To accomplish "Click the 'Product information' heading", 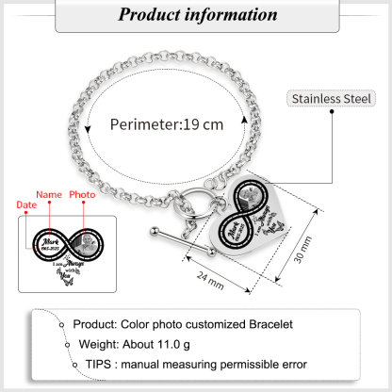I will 195,15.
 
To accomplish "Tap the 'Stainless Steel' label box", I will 333,97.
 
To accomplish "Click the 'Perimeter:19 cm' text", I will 167,123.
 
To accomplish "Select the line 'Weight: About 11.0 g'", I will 146,346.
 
